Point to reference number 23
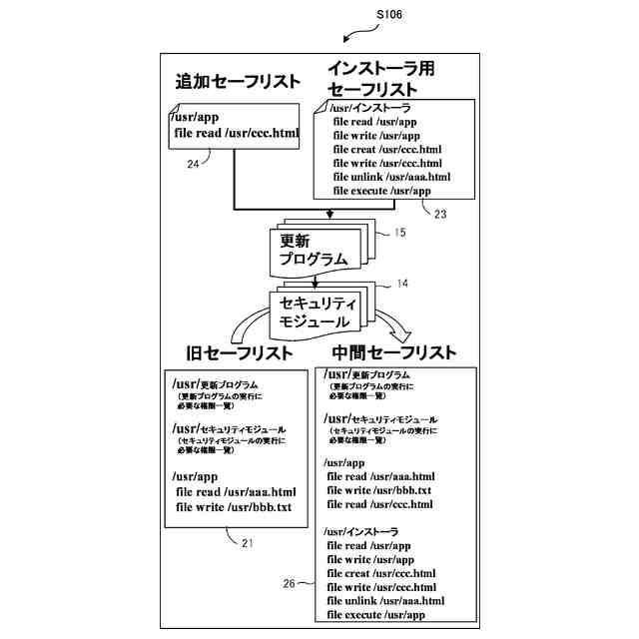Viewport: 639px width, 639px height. point(441,212)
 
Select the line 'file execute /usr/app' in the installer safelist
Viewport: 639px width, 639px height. point(381,191)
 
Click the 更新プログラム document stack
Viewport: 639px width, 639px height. point(313,250)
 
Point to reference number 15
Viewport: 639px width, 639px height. point(399,234)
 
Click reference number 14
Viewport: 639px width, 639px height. point(401,284)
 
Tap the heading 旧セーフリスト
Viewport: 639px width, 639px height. point(240,353)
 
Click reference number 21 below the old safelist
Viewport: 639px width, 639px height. point(248,543)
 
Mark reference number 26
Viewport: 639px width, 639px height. point(289,584)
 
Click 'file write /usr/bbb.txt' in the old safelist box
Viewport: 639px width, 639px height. point(234,507)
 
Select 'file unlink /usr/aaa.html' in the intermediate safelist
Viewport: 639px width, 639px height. point(385,601)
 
